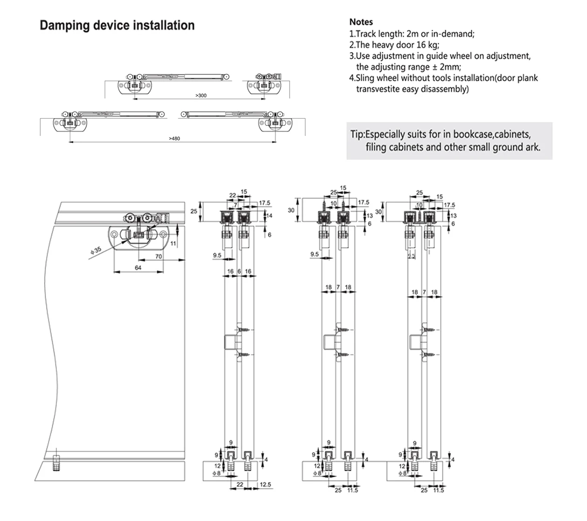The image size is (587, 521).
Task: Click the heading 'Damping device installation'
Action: (117, 25)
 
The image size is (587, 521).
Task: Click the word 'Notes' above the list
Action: (361, 22)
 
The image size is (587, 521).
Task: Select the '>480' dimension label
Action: (174, 138)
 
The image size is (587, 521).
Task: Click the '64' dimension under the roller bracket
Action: (138, 267)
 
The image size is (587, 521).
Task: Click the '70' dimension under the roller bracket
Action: (159, 256)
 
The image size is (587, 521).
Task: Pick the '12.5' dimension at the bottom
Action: (265, 485)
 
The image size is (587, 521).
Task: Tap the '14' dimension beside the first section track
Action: (269, 215)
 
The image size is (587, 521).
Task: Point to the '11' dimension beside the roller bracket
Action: (173, 243)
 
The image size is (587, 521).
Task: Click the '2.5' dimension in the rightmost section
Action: (412, 256)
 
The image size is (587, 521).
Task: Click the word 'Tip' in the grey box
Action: (357, 135)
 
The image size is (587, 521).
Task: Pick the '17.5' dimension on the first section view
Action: (265, 203)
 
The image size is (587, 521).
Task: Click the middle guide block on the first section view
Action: (231, 342)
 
